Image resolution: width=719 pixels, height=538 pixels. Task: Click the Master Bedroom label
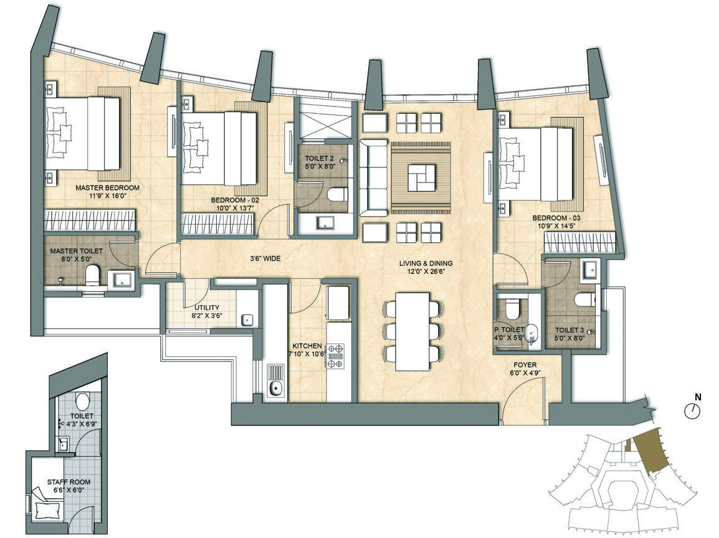point(107,187)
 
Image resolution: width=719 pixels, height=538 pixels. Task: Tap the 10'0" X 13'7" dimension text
point(236,207)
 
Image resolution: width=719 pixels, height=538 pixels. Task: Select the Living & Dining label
point(426,263)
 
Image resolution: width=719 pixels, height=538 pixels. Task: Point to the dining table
point(412,332)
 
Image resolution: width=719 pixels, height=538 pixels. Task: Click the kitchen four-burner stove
point(335,356)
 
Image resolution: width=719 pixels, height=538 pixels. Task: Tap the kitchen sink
point(275,380)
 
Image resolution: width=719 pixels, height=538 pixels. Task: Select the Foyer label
point(525,365)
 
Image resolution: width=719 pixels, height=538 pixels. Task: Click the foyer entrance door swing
point(523,401)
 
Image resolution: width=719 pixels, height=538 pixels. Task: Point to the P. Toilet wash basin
point(532,333)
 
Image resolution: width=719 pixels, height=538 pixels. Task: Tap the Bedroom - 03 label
point(556,218)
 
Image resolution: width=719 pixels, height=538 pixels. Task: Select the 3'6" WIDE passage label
point(265,258)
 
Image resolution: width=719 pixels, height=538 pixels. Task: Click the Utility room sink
point(247,319)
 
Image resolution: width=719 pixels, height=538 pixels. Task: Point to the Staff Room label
point(69,481)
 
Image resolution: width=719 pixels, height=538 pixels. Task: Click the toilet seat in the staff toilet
point(83,402)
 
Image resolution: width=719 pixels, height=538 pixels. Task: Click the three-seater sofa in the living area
point(373,177)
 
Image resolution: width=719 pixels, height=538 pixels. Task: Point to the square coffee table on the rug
point(421,177)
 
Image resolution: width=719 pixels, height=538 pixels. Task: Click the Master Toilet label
point(76,251)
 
